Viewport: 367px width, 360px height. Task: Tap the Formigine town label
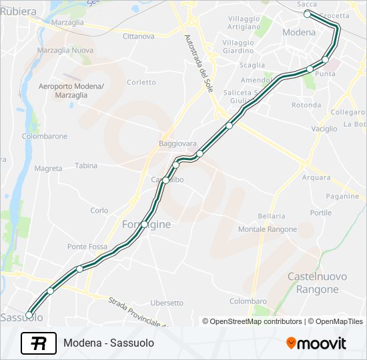coord(146,225)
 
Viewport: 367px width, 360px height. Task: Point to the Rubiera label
coord(14,11)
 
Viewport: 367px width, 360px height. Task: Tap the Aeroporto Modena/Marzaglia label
coord(71,91)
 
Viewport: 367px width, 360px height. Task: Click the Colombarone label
coord(45,136)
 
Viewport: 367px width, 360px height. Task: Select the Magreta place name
coord(48,169)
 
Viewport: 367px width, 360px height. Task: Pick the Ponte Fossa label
coord(87,247)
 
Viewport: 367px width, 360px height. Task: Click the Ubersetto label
coord(167,303)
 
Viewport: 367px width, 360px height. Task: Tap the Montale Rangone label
coord(268,229)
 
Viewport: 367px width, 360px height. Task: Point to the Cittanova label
coord(139,36)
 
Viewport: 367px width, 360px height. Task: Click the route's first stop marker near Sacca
coord(307,14)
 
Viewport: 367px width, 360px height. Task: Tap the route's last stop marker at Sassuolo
coord(29,315)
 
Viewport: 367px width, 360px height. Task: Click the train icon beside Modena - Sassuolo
coord(38,343)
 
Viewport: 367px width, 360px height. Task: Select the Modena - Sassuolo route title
coord(109,343)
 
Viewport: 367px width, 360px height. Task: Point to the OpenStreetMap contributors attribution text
coord(252,321)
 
